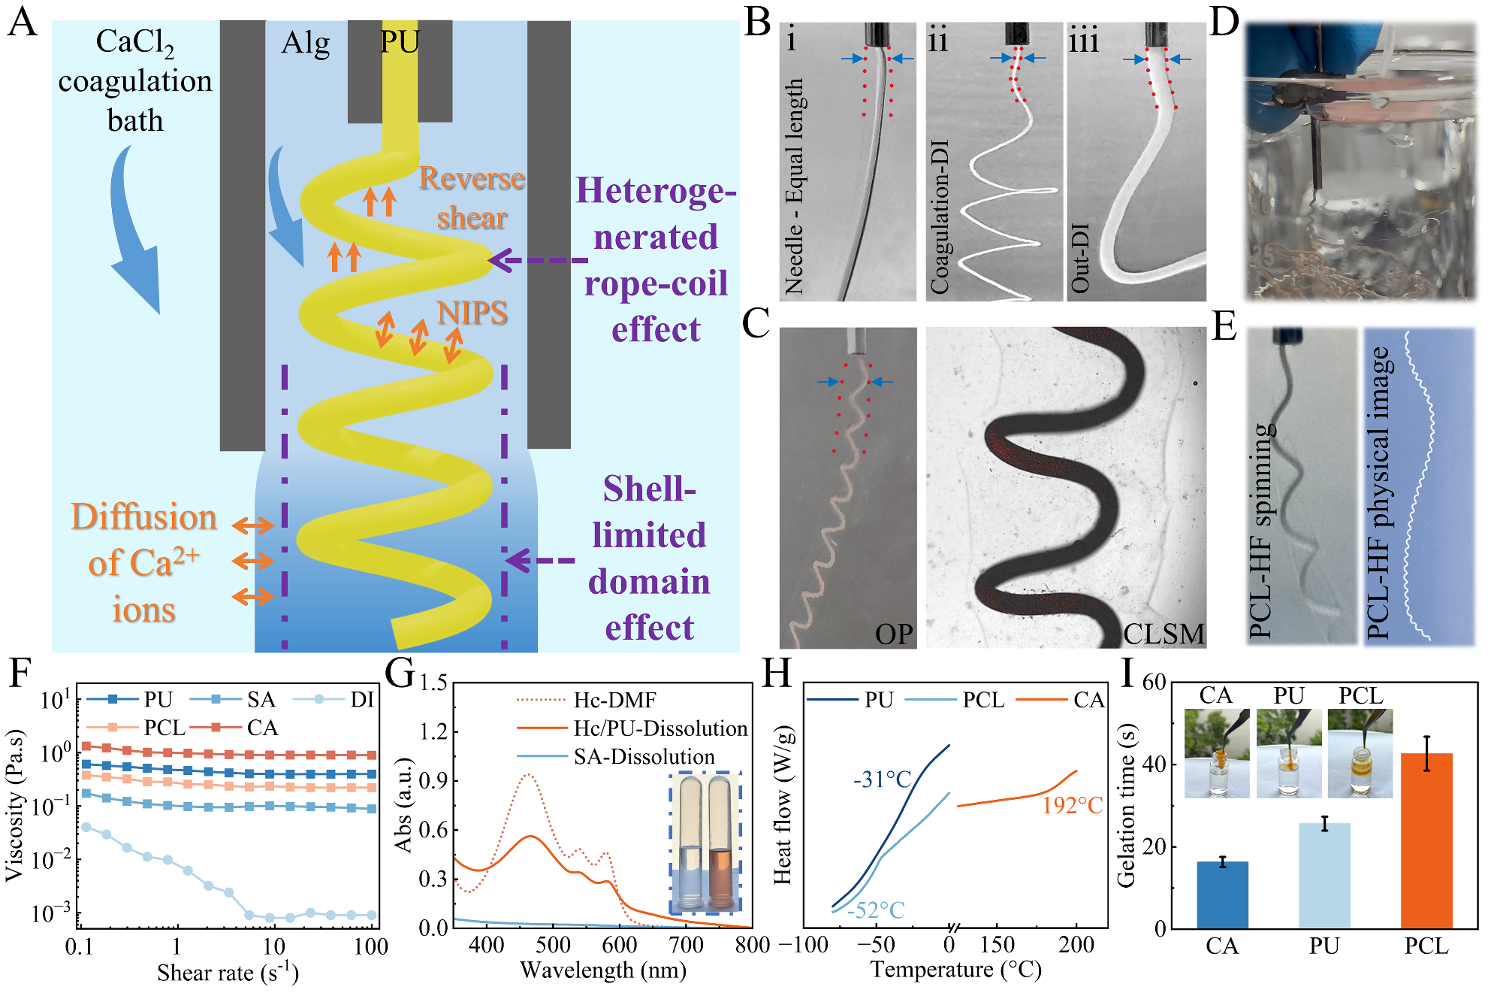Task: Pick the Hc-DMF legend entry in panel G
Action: coord(614,701)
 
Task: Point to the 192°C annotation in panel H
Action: coord(1072,806)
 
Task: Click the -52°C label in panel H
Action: coord(876,910)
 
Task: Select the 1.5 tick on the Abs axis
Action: coord(433,683)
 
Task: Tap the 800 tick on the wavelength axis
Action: coord(752,945)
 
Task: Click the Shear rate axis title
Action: coord(228,973)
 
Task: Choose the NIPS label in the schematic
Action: coord(472,313)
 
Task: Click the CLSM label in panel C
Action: coord(1163,634)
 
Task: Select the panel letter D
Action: coord(1224,23)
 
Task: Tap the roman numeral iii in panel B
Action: coord(1083,39)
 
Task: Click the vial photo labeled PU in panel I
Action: coord(1289,753)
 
